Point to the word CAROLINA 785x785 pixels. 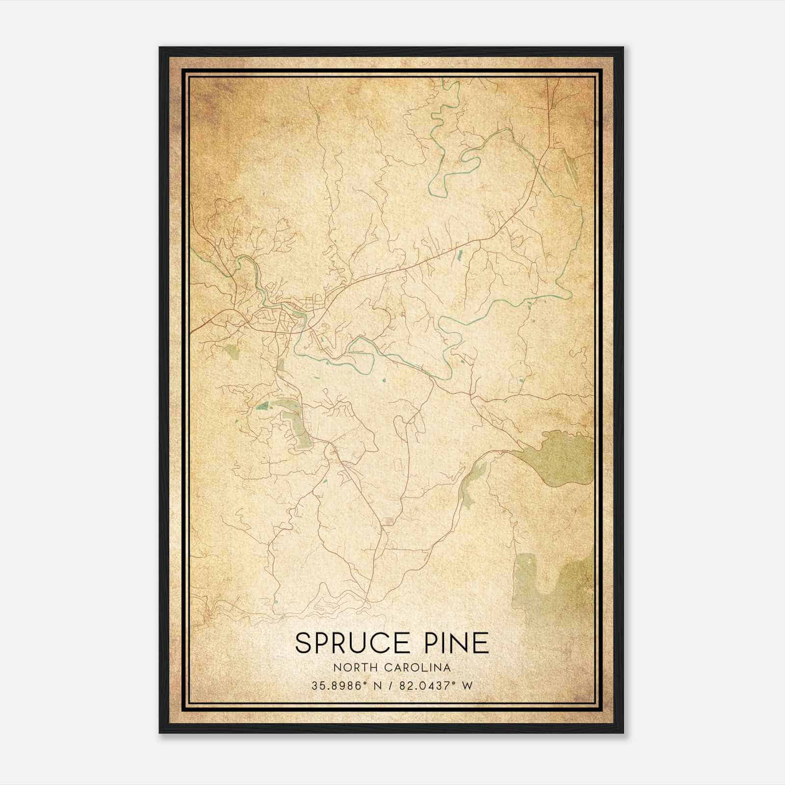pyautogui.click(x=419, y=667)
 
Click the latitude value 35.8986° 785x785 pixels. pyautogui.click(x=339, y=686)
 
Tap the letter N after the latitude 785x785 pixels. pyautogui.click(x=378, y=686)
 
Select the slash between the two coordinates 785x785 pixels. pyautogui.click(x=391, y=686)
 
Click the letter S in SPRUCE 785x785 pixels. pyautogui.click(x=303, y=643)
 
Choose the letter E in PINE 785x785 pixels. pyautogui.click(x=482, y=643)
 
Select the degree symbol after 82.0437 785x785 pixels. pyautogui.click(x=457, y=683)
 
